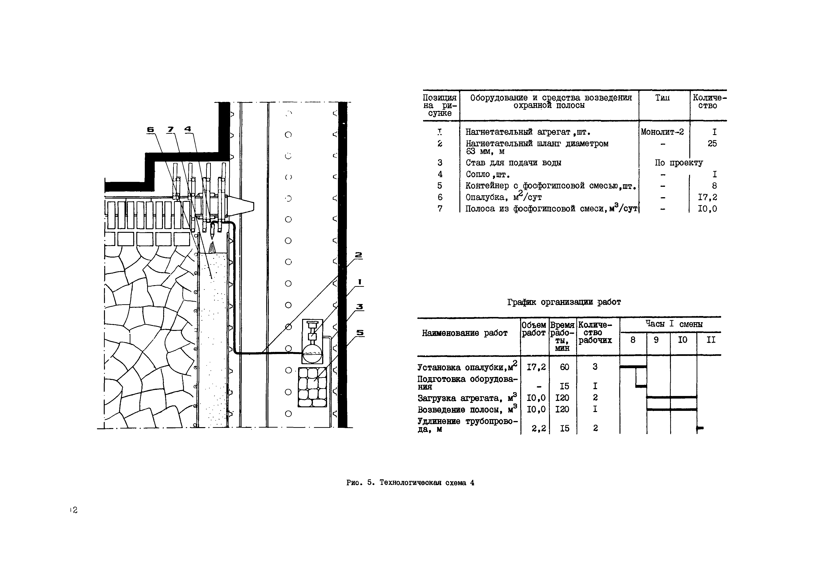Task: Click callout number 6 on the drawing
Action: tap(150, 130)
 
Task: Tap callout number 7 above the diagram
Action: tap(170, 130)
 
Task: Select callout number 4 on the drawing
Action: tap(188, 129)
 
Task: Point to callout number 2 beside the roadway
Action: tap(358, 255)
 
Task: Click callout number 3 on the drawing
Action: tap(360, 307)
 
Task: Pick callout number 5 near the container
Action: tap(360, 333)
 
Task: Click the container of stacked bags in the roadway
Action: tap(312, 387)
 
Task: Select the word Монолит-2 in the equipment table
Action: tap(662, 132)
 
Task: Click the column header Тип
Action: tap(662, 98)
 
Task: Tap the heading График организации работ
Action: tap(564, 302)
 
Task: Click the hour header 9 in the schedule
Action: tap(656, 340)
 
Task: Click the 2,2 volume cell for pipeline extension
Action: tap(539, 428)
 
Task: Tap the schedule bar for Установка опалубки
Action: tap(633, 367)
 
